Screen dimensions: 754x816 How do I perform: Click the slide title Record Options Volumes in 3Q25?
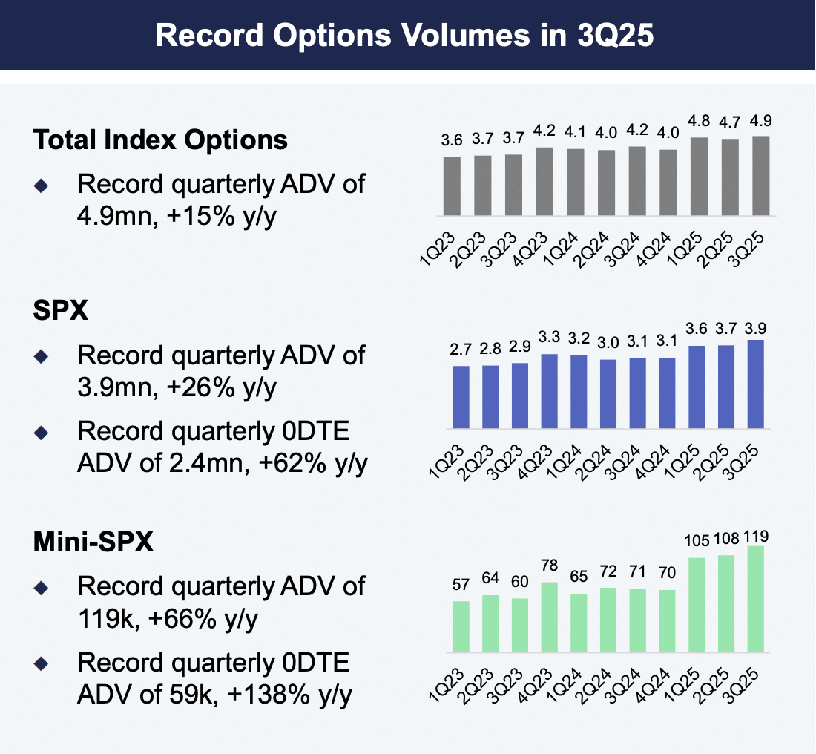point(407,36)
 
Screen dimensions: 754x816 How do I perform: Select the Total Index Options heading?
point(160,140)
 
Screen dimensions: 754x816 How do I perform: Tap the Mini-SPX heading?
point(93,542)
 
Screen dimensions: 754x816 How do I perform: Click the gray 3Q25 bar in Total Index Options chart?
point(760,176)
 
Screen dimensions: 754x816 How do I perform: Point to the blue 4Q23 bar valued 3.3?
point(550,391)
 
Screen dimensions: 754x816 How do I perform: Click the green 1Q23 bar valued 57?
point(461,627)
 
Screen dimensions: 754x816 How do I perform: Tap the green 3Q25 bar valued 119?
point(756,600)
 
